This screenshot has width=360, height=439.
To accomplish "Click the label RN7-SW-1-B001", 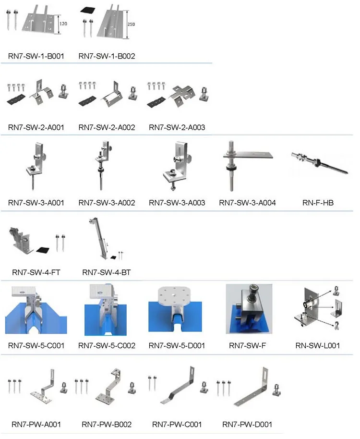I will [36, 56].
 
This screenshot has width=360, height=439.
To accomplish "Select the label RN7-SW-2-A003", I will [177, 127].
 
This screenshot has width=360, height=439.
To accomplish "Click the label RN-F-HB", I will [318, 203].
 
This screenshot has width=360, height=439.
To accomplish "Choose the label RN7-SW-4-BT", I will [107, 272].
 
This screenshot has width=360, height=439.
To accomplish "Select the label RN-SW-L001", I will [318, 345].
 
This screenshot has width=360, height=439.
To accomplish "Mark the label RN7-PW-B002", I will [107, 424].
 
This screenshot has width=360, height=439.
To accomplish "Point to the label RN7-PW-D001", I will [248, 424].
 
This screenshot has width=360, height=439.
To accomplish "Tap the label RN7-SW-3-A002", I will [107, 203].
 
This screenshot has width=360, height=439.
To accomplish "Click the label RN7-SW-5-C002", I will [107, 345].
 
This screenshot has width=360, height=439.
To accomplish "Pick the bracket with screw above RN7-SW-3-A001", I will [36, 166].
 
